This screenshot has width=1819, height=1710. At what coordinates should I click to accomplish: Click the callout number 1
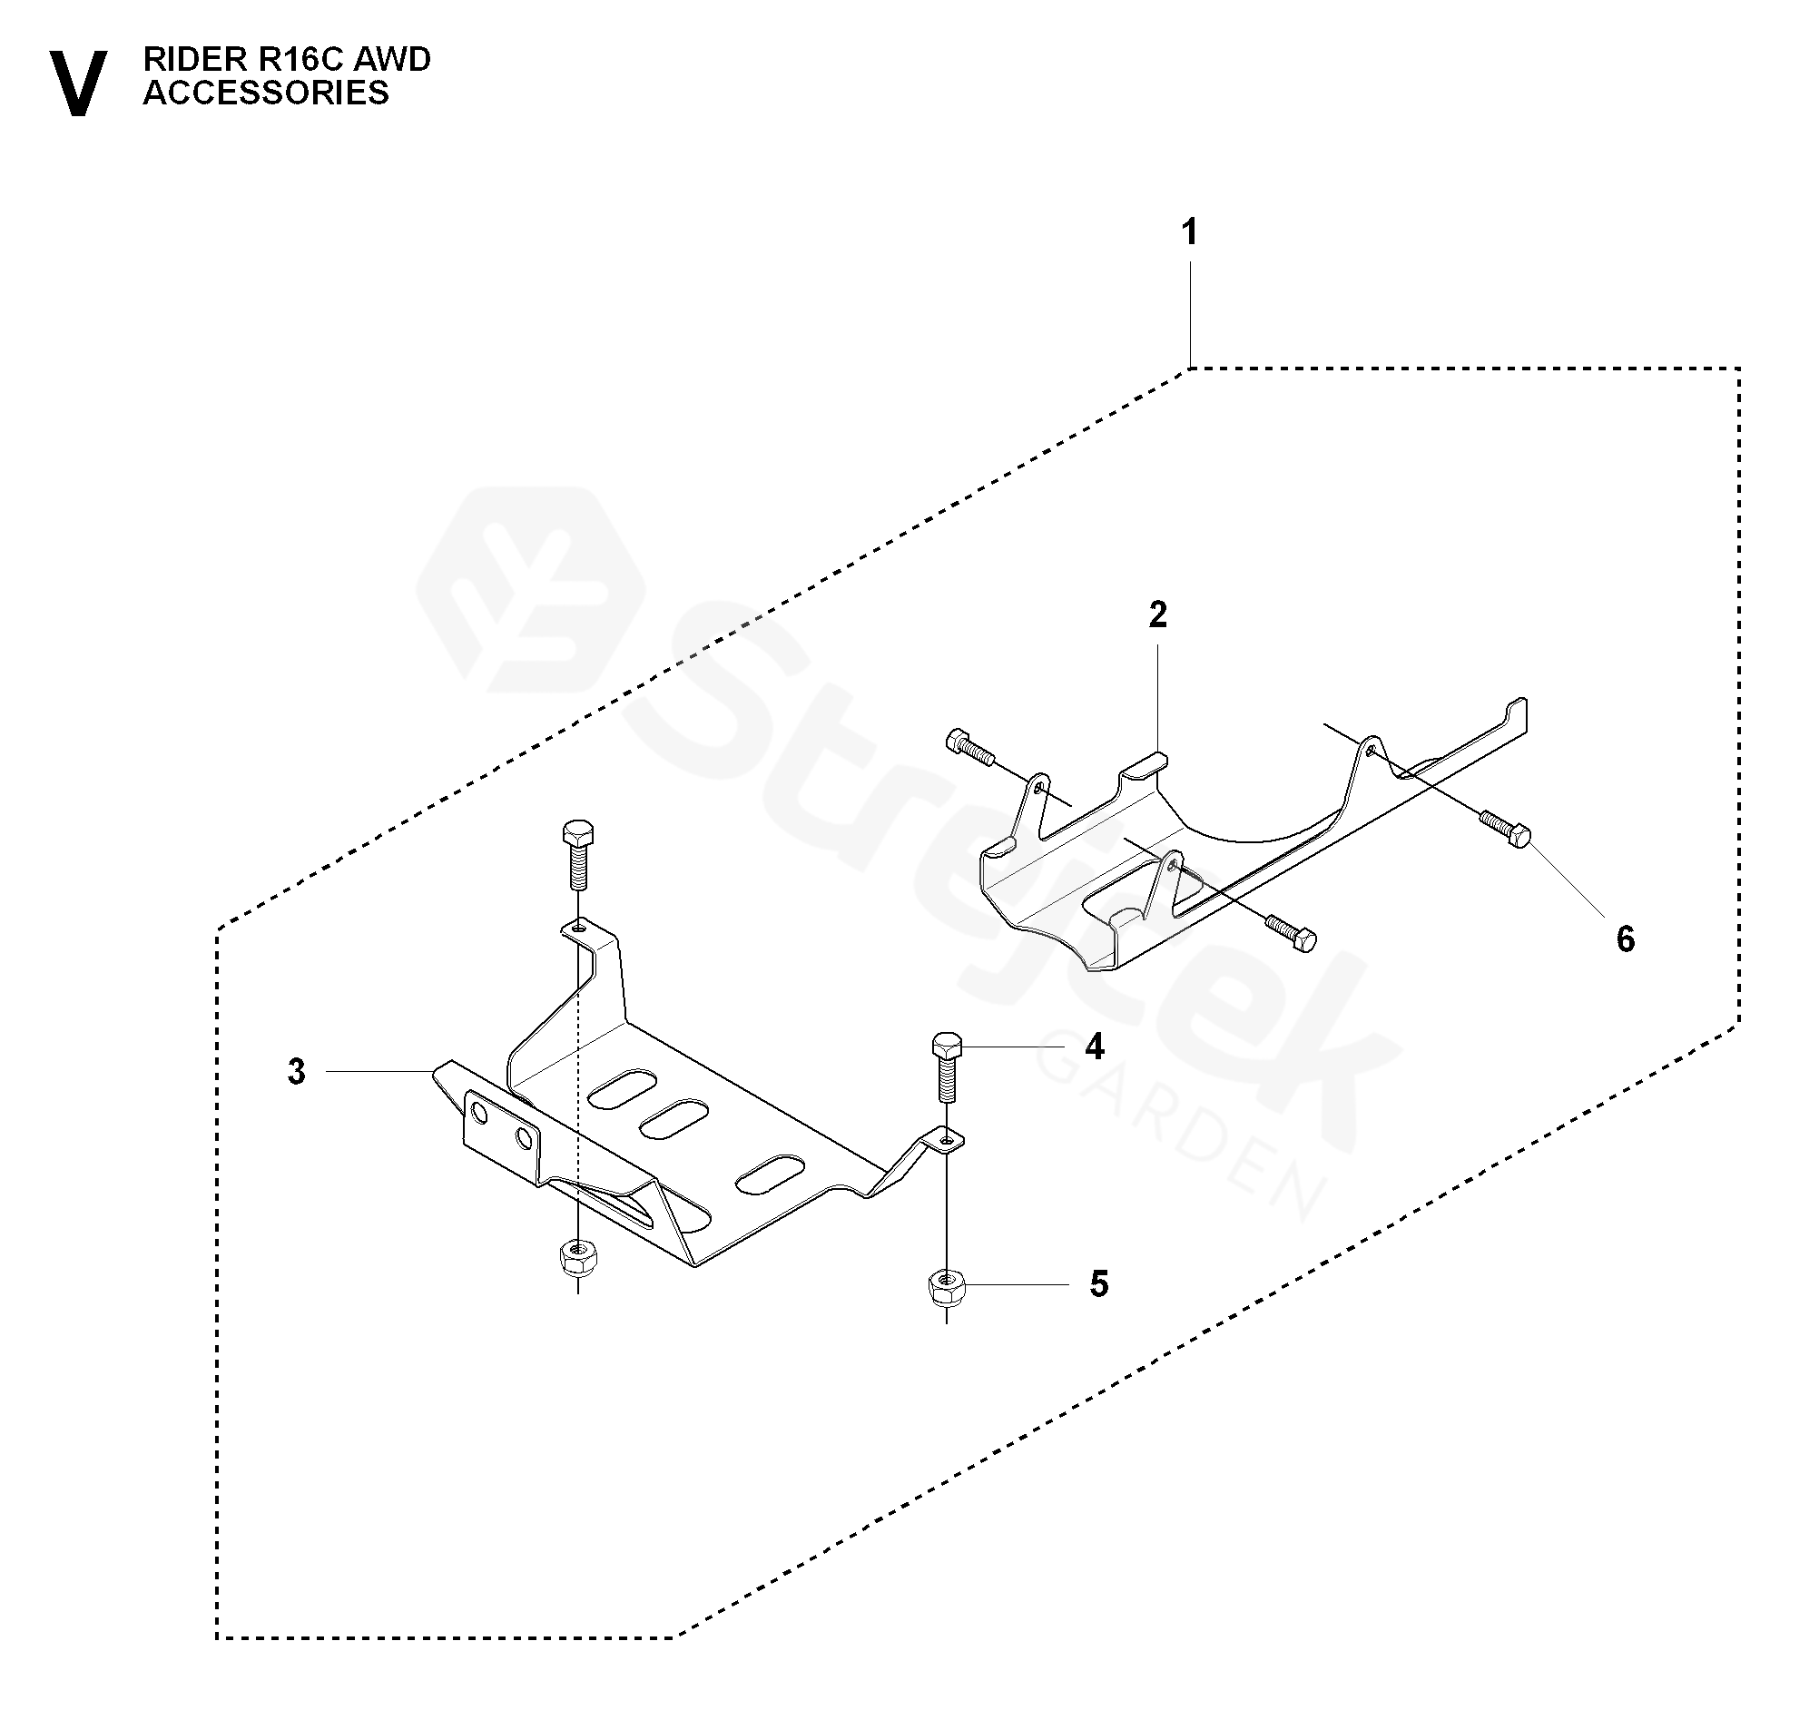click(1188, 233)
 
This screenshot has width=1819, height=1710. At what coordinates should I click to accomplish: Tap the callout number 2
click(1157, 615)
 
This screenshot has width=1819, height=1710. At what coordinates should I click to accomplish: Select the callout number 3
click(296, 1072)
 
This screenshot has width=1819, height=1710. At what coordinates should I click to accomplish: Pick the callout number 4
click(1095, 1046)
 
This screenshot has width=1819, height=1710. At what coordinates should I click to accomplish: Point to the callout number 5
click(1098, 1284)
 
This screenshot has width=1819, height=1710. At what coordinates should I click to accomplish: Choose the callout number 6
click(1625, 939)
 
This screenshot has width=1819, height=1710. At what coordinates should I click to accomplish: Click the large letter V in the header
click(78, 84)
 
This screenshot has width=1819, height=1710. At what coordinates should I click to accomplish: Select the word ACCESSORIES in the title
click(265, 93)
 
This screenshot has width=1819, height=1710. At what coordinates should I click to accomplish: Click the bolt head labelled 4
click(946, 1046)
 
